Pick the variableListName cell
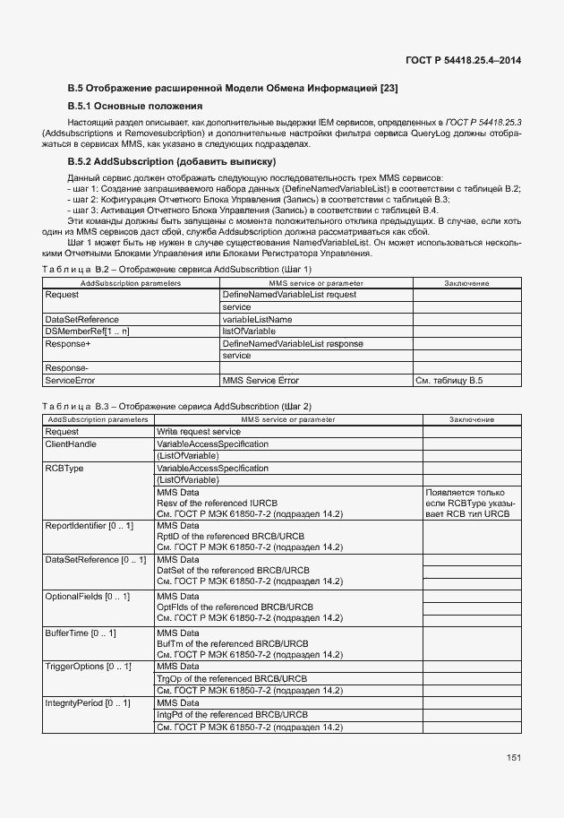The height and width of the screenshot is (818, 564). (x=257, y=319)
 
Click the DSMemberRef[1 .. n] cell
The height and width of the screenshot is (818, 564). (x=87, y=332)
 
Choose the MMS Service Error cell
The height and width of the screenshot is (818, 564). (x=261, y=381)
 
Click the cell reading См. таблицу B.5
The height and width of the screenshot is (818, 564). (x=449, y=381)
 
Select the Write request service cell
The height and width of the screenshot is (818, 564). (x=198, y=431)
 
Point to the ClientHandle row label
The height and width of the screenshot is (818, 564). (x=71, y=443)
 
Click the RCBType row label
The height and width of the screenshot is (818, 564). (x=64, y=468)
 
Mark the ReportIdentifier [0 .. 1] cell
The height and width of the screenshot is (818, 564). (x=89, y=524)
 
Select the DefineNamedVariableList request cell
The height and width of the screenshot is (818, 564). (x=289, y=295)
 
